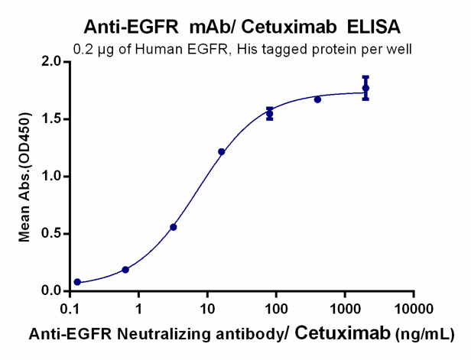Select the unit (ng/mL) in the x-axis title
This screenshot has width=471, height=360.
click(424, 335)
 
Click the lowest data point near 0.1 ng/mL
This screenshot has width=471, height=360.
click(77, 282)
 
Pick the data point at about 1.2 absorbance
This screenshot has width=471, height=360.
click(222, 151)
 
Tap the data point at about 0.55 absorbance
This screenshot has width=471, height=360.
click(174, 227)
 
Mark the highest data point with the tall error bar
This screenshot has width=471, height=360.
click(365, 89)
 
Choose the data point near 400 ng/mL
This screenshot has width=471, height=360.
click(317, 99)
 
